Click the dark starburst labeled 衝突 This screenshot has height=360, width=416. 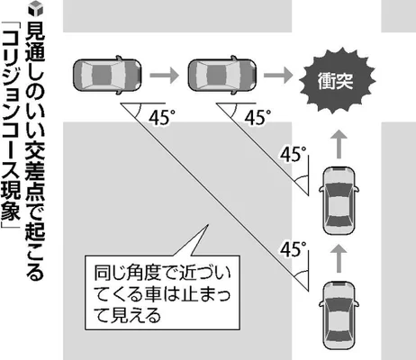pos(338,80)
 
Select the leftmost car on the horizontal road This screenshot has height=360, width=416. pos(107,75)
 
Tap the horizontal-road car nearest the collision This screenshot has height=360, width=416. pos(222,75)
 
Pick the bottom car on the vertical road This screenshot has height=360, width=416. pos(339,316)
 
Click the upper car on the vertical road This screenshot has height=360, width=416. pos(339,201)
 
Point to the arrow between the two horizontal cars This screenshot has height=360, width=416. pos(164,75)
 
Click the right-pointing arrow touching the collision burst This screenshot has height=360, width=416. pos(278,75)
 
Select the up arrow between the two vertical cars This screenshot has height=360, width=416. pos(339,257)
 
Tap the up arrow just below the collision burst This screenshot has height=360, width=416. pos(339,144)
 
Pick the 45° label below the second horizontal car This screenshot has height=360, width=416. pos(258,118)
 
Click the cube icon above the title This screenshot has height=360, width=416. pos(36,8)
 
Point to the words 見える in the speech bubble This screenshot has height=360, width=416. pos(128,315)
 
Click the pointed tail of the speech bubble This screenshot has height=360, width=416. pos(208,224)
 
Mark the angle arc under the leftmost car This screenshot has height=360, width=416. pos(137,112)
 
